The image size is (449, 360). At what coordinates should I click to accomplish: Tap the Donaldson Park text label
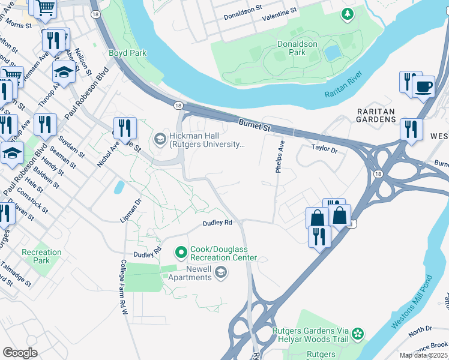(297, 48)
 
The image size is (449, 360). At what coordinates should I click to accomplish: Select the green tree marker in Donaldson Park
(347, 14)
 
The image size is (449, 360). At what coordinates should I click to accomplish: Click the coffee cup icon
(424, 86)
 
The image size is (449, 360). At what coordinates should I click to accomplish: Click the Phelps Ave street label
(279, 157)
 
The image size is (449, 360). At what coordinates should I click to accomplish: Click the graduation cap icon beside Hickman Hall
(160, 139)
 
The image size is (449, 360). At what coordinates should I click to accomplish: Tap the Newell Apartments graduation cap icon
(221, 273)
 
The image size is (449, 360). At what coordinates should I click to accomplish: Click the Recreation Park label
(41, 256)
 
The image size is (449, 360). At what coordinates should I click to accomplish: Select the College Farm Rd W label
(123, 287)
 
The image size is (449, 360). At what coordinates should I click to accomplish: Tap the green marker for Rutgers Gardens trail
(358, 333)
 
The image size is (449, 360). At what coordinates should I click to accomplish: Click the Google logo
(20, 353)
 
